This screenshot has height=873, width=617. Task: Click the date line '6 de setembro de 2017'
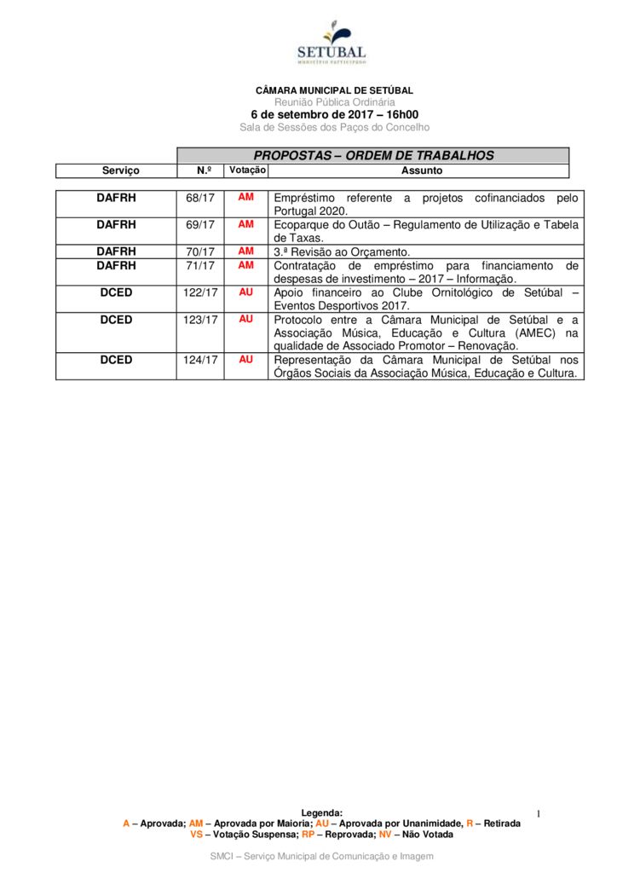[x=334, y=114]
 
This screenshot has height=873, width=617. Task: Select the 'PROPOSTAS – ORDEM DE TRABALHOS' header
[x=373, y=155]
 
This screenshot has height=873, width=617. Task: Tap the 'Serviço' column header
[x=120, y=171]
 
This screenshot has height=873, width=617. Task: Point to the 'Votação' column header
[x=247, y=171]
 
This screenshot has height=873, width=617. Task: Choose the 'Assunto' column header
[x=422, y=171]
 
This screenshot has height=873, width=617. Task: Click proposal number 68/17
[x=200, y=198]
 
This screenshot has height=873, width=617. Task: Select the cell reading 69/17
[x=200, y=225]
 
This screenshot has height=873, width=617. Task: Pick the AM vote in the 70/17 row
[x=246, y=251]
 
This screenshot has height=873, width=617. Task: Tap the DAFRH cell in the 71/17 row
[x=116, y=265]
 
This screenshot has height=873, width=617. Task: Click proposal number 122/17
[x=200, y=292]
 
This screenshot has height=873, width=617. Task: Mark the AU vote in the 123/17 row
[x=246, y=319]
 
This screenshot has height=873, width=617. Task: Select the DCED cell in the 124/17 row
[x=116, y=360]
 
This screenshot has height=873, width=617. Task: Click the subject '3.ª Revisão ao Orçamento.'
[x=342, y=252]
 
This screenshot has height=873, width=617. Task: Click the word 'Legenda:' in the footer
[x=322, y=813]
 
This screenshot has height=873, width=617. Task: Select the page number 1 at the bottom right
[x=539, y=815]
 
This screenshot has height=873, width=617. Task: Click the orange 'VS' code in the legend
[x=197, y=835]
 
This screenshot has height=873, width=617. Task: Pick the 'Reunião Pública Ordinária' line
[x=334, y=102]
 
